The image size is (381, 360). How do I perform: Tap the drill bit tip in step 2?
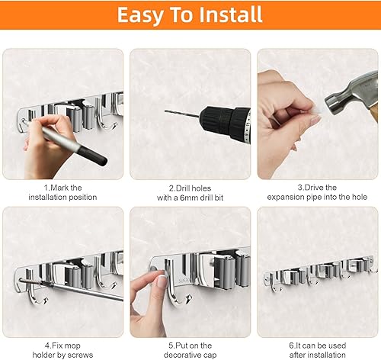[167, 111]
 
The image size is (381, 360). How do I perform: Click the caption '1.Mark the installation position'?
[62, 191]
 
